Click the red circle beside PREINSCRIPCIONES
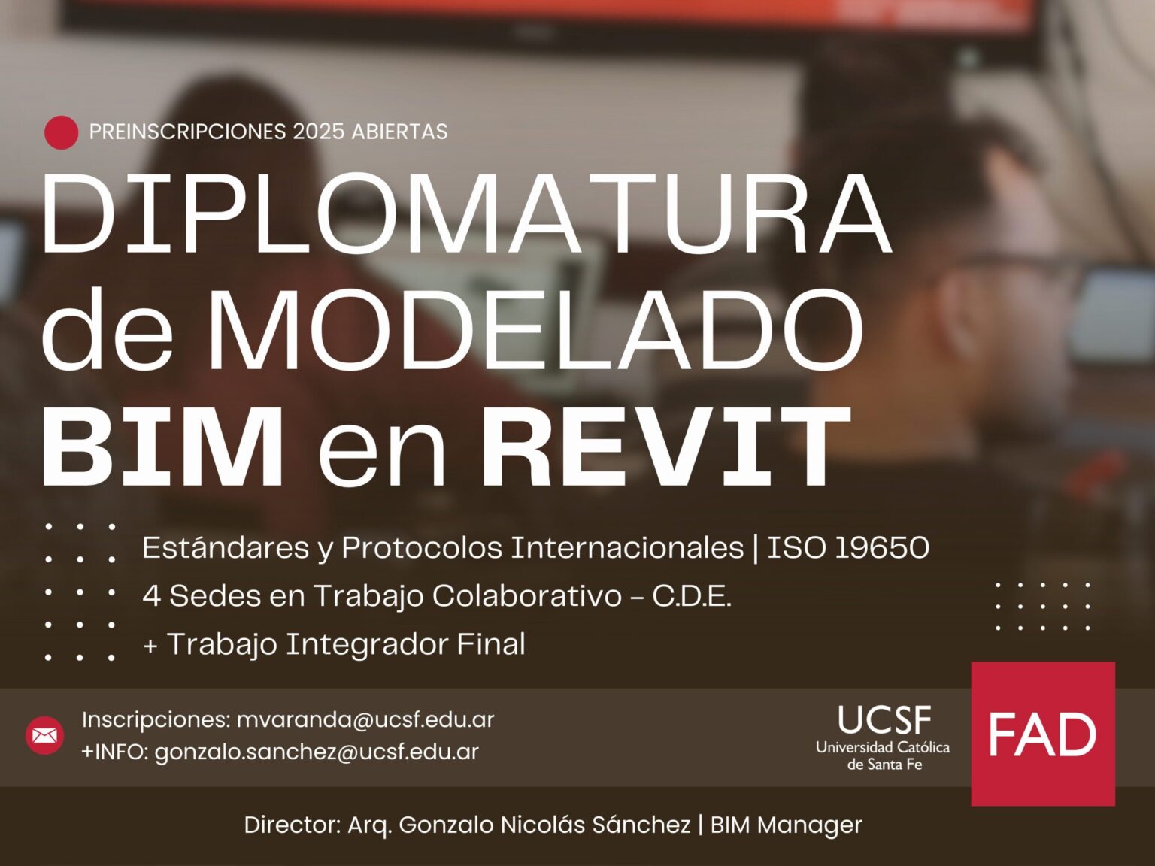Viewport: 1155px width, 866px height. click(x=61, y=132)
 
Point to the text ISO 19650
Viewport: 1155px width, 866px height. click(x=847, y=548)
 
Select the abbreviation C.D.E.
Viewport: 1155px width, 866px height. click(x=691, y=596)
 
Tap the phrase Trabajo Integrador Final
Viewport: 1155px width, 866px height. click(x=346, y=644)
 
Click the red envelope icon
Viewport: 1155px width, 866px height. click(x=45, y=735)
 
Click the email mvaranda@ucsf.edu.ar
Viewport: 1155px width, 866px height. click(x=365, y=719)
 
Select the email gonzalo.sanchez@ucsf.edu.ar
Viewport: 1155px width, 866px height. click(x=317, y=752)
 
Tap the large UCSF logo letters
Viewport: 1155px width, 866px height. click(x=884, y=720)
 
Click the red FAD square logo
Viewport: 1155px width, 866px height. click(x=1042, y=734)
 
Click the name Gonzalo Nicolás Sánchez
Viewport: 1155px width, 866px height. click(x=544, y=825)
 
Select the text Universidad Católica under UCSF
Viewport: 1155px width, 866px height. click(x=883, y=747)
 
